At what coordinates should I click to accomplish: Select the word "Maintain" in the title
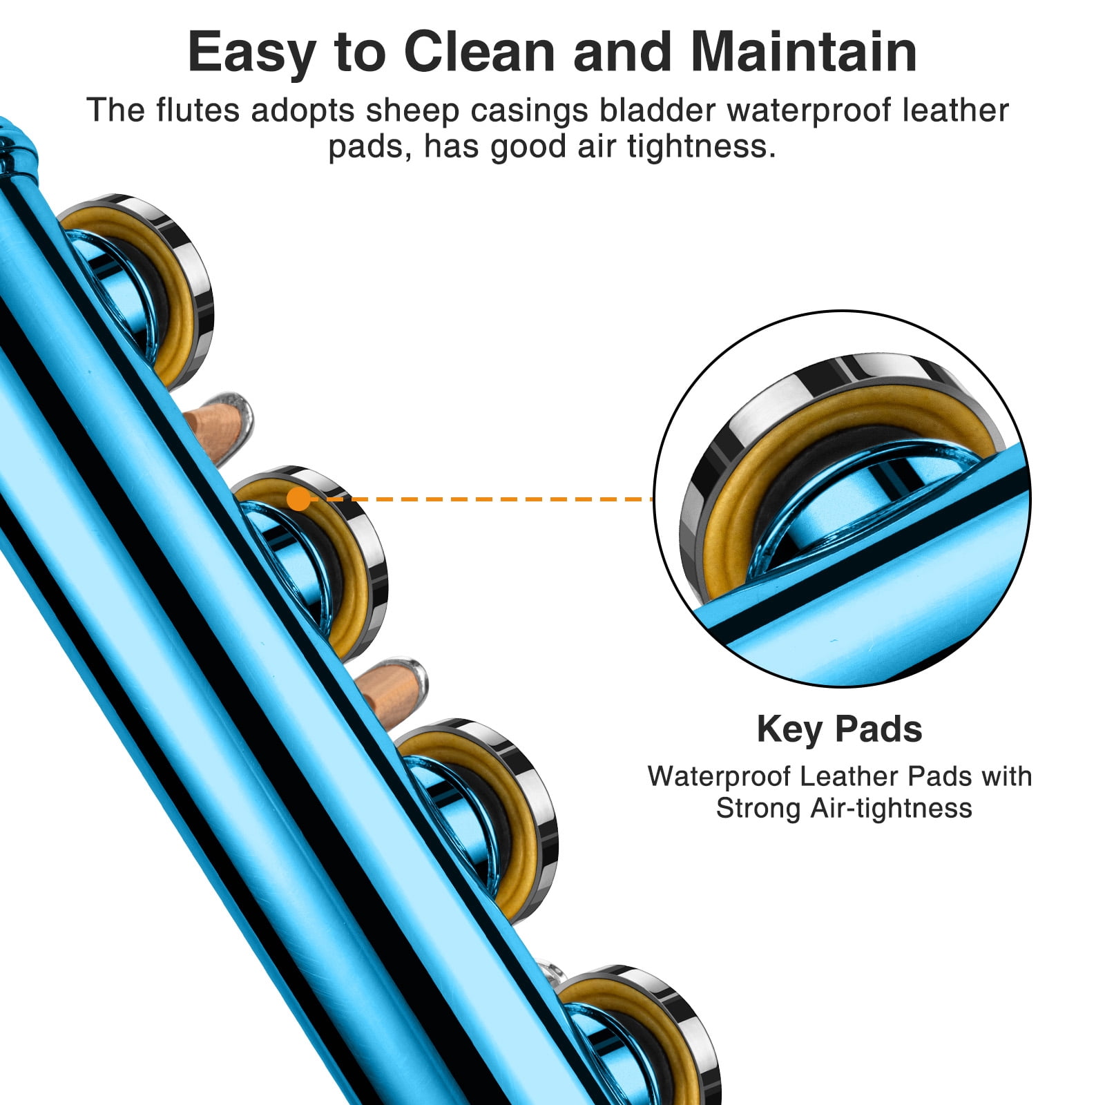click(804, 52)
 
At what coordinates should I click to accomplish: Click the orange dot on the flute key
click(298, 499)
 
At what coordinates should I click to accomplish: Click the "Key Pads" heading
click(839, 729)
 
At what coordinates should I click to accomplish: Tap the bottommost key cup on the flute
click(642, 1036)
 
